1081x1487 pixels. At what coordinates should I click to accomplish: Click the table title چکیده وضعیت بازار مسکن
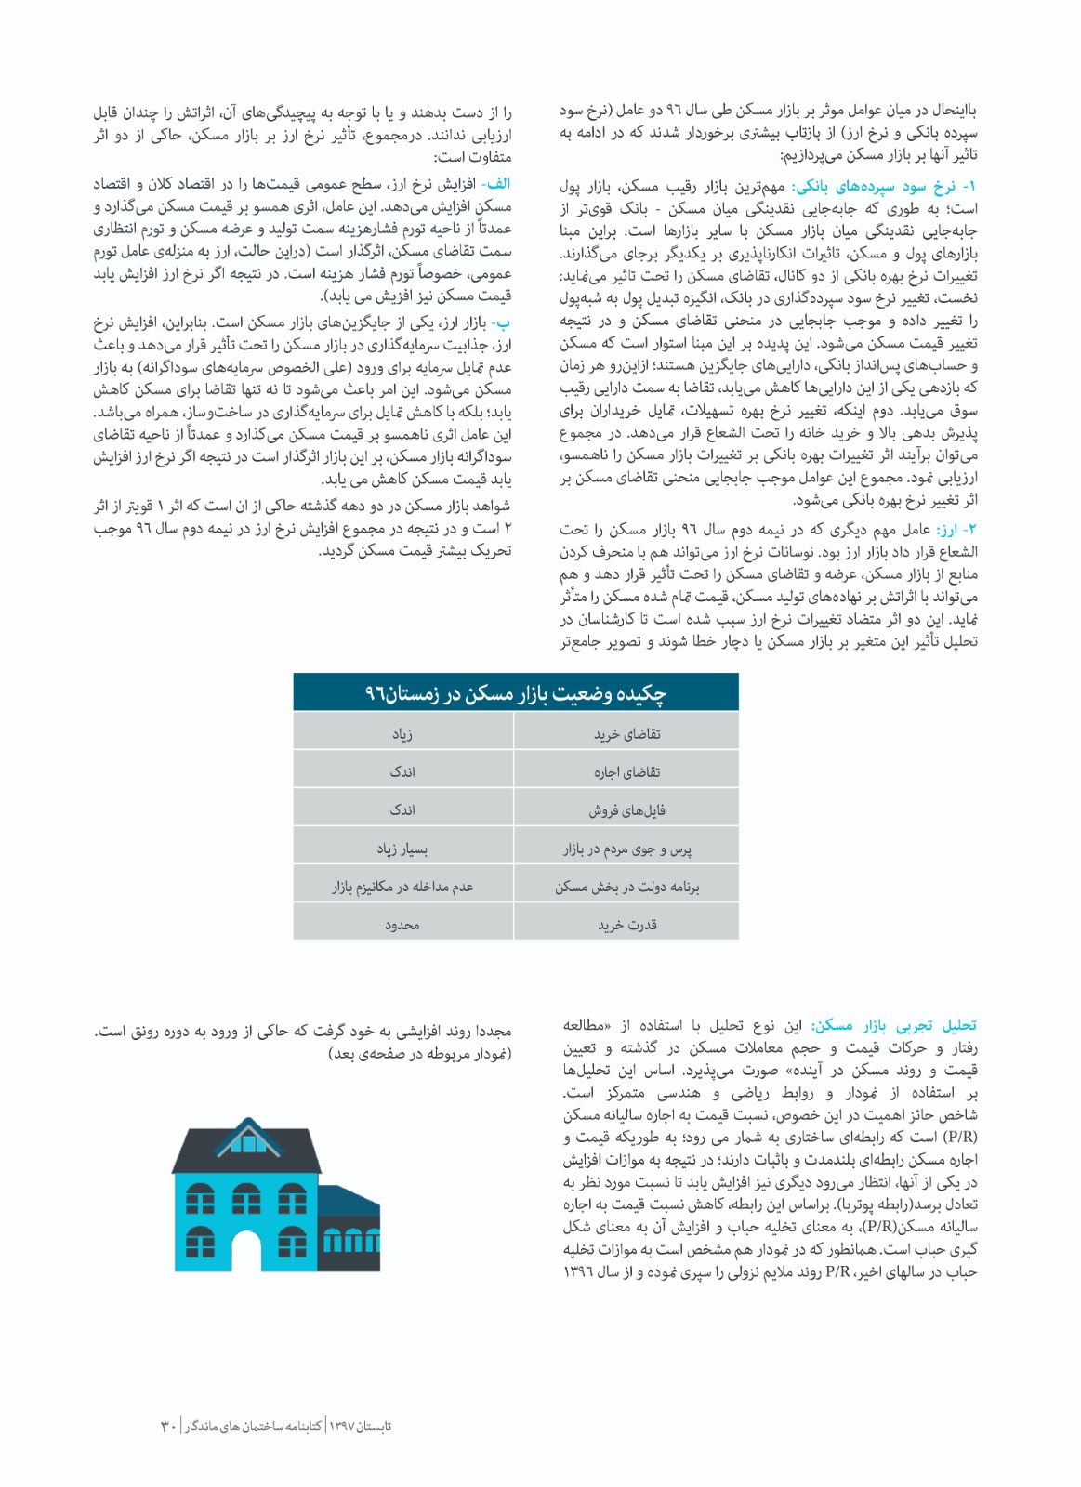(516, 693)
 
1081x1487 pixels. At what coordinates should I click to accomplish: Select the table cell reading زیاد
(402, 734)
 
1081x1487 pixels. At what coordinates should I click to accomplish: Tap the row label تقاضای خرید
(627, 734)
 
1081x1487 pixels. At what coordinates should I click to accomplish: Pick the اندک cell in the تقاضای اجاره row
(402, 772)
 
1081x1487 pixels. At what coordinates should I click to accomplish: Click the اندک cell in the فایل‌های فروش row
(402, 810)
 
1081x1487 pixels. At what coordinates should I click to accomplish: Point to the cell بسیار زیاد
(402, 849)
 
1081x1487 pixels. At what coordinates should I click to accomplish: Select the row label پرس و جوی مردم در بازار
(627, 849)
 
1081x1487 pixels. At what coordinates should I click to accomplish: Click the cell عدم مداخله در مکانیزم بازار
(402, 887)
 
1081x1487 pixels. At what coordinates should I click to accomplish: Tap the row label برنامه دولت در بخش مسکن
(627, 887)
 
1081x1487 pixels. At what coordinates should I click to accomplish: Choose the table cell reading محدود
(402, 925)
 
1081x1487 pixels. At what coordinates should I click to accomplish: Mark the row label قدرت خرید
(627, 925)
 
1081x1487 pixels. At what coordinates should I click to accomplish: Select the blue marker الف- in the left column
(496, 184)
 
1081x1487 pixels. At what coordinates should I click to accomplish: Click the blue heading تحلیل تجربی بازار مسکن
(894, 1026)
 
